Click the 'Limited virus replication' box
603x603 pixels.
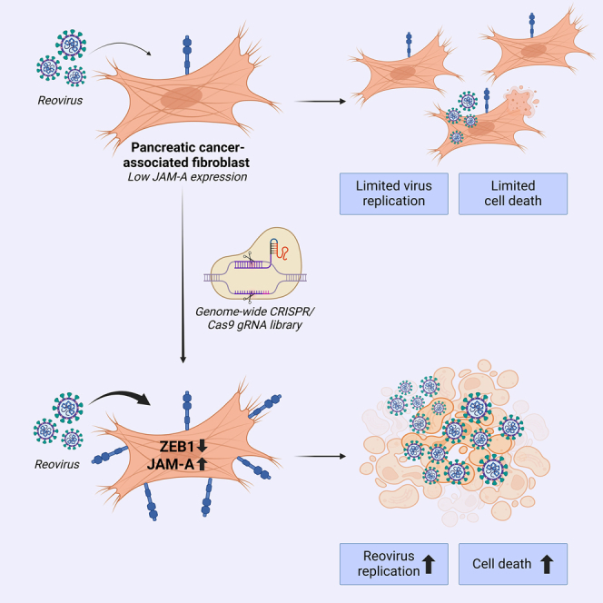click(394, 193)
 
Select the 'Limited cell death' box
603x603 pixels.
click(512, 193)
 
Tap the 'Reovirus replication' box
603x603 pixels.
click(394, 564)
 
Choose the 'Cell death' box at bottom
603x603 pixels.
click(512, 564)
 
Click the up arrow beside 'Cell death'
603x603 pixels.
click(547, 565)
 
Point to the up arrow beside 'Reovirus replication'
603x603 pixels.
click(429, 565)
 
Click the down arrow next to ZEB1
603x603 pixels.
click(203, 446)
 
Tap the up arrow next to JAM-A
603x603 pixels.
click(203, 464)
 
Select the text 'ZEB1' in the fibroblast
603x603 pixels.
click(177, 447)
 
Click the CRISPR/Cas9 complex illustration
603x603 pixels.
click(255, 264)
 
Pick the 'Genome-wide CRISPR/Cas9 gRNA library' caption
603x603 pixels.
click(254, 318)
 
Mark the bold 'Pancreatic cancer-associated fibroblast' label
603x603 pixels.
click(186, 154)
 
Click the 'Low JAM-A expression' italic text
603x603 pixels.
click(187, 177)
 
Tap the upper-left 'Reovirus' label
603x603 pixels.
click(60, 101)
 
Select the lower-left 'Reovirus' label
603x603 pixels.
click(57, 464)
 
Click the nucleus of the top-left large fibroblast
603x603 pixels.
click(181, 98)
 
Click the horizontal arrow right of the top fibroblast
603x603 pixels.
click(320, 101)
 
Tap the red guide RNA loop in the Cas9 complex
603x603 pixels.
click(282, 252)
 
